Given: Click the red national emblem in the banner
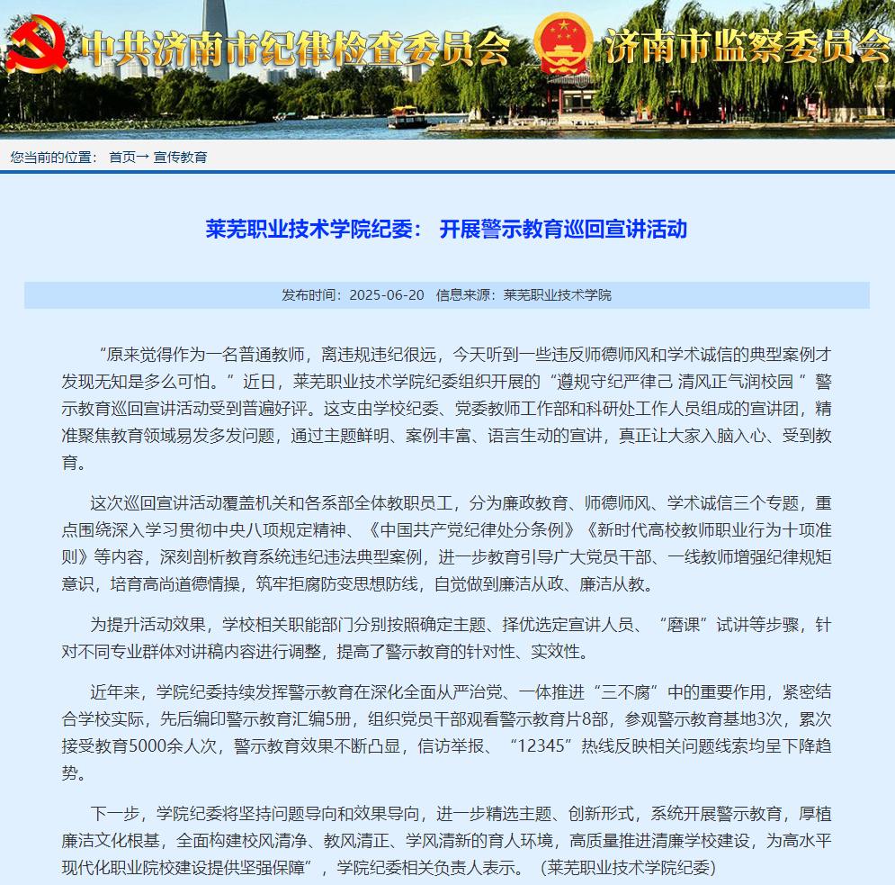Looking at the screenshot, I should tap(563, 42).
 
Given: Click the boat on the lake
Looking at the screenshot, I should tap(409, 117).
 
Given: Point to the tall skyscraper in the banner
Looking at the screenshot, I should tap(216, 36).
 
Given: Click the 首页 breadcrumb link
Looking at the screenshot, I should tap(122, 157).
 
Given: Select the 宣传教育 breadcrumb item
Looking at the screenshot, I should tap(181, 157).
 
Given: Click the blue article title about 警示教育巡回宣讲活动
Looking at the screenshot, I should tap(446, 229).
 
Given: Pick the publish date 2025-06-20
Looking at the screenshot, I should tap(386, 295).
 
